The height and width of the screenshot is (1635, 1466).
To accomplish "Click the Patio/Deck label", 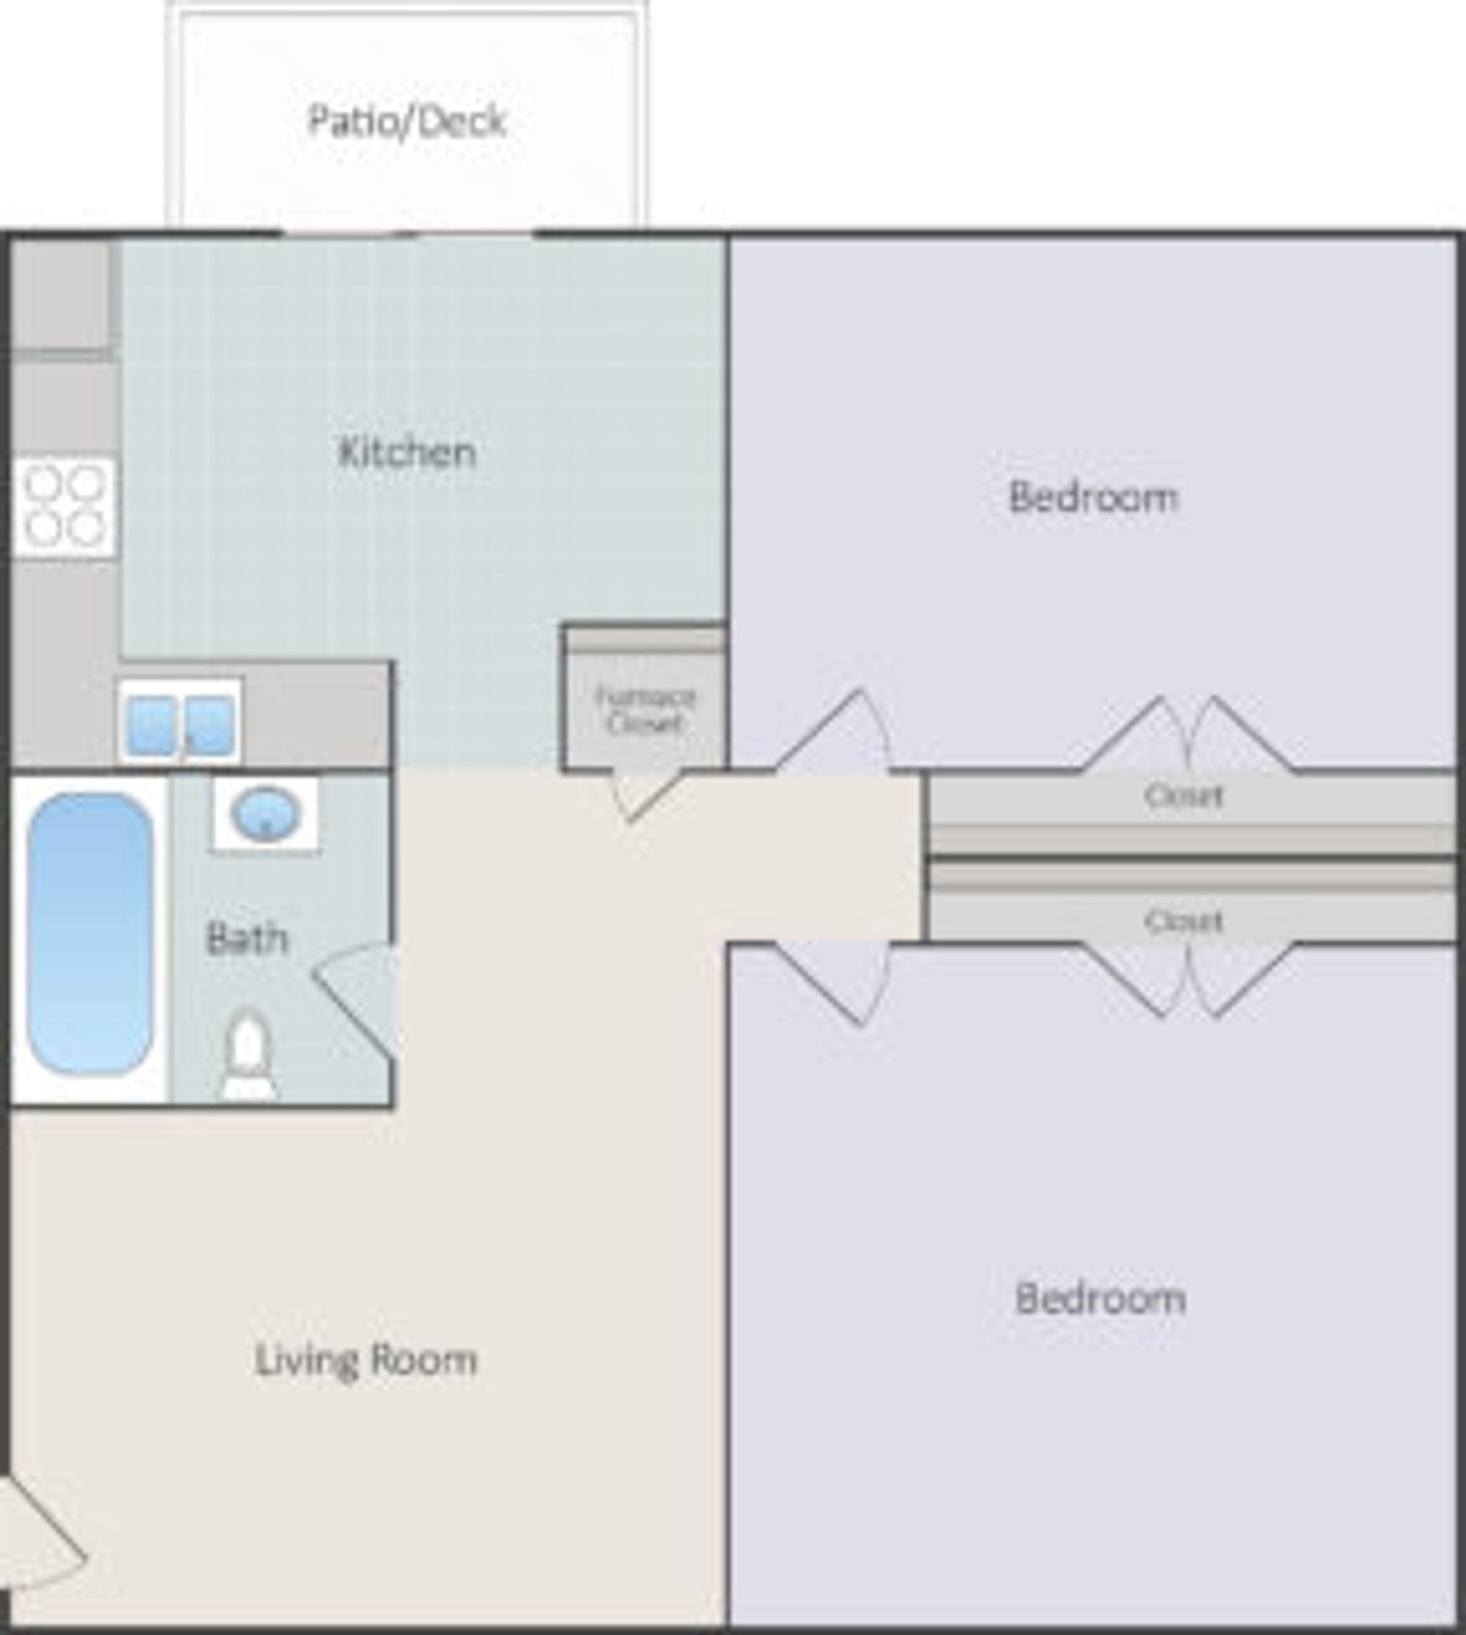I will pyautogui.click(x=407, y=121).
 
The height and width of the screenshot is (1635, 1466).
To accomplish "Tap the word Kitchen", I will pyautogui.click(x=407, y=452).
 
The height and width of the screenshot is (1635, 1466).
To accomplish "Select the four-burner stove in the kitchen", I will pyautogui.click(x=64, y=507).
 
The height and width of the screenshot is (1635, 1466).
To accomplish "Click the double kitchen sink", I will pyautogui.click(x=180, y=725).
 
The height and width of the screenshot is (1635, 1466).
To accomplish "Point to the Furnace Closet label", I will pyautogui.click(x=644, y=710).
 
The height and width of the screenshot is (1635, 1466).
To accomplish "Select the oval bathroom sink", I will pyautogui.click(x=266, y=813).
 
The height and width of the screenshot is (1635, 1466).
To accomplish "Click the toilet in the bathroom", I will pyautogui.click(x=248, y=1054).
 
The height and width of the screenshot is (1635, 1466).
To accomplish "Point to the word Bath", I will pyautogui.click(x=247, y=938).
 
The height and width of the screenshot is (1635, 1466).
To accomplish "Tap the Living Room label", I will pyautogui.click(x=366, y=1359).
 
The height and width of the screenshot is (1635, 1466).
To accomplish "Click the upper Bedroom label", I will pyautogui.click(x=1093, y=497).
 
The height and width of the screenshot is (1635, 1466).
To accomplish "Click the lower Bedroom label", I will pyautogui.click(x=1099, y=1299).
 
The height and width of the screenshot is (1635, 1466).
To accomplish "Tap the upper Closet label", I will pyautogui.click(x=1183, y=796).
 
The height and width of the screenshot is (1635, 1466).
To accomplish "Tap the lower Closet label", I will pyautogui.click(x=1183, y=921).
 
